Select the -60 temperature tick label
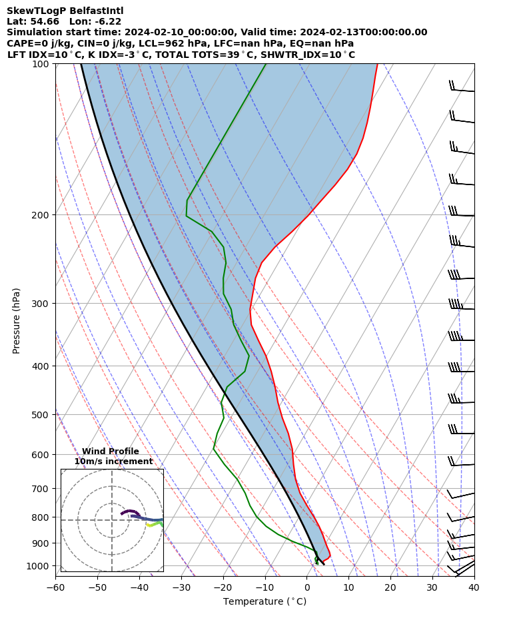pyautogui.click(x=55, y=588)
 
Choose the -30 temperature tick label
pyautogui.click(x=181, y=588)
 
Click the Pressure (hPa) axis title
pyautogui.click(x=17, y=320)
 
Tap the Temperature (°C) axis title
pyautogui.click(x=264, y=602)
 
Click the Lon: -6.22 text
pyautogui.click(x=95, y=21)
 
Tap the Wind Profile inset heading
pyautogui.click(x=111, y=452)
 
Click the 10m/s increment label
pyautogui.click(x=113, y=462)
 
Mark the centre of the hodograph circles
pyautogui.click(x=112, y=520)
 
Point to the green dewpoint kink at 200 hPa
pyautogui.click(x=187, y=215)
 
